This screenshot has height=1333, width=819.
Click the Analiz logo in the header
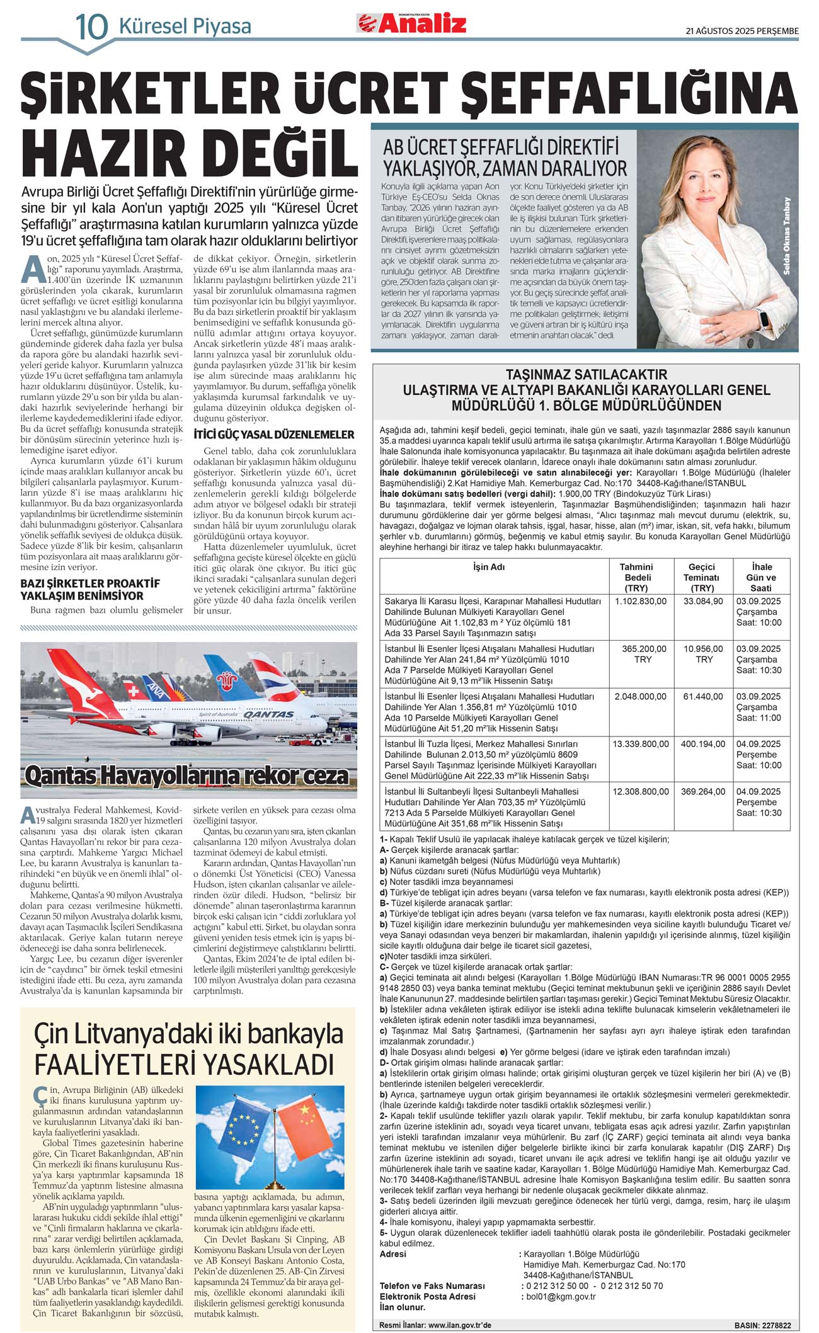click(x=413, y=23)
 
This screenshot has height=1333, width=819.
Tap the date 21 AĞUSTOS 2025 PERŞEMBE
click(x=742, y=31)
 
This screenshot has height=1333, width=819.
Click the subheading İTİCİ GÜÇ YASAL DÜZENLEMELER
click(x=273, y=435)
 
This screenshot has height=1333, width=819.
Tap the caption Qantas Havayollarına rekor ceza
click(x=187, y=775)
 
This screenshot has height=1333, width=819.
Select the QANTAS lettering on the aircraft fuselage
click(x=269, y=714)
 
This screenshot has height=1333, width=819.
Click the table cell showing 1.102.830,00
click(x=641, y=602)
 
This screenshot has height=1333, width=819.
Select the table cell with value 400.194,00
click(x=702, y=744)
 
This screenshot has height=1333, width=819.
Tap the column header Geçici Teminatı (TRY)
click(x=702, y=577)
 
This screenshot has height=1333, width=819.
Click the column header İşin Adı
click(x=490, y=567)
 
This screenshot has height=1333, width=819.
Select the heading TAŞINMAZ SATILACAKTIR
click(x=587, y=375)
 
